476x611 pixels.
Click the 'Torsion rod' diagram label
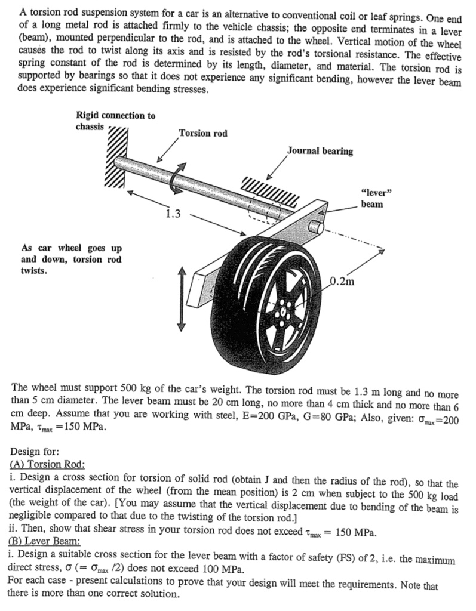click(x=203, y=133)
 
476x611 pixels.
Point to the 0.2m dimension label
click(x=343, y=282)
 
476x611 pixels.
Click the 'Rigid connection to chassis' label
click(x=115, y=121)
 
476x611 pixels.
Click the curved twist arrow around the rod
click(x=177, y=178)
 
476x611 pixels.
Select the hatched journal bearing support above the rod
click(x=269, y=190)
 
